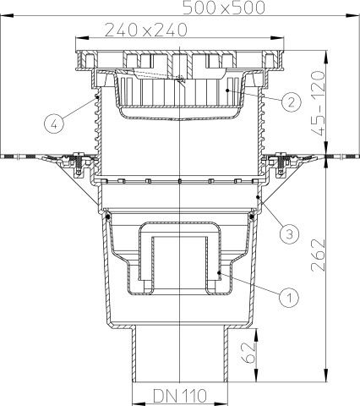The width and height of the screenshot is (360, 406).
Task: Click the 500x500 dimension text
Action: click(x=224, y=8)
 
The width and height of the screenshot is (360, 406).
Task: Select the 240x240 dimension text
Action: click(x=146, y=30)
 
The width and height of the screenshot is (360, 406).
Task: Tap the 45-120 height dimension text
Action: click(x=318, y=103)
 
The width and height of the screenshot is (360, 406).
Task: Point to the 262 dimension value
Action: click(x=318, y=255)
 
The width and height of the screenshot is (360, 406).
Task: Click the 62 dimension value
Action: click(x=248, y=353)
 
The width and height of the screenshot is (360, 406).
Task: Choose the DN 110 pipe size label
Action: click(x=180, y=396)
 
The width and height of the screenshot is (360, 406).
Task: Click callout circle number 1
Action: click(x=289, y=296)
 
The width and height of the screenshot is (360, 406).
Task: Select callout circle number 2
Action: click(x=291, y=101)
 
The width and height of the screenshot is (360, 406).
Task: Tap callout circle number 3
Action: click(x=290, y=233)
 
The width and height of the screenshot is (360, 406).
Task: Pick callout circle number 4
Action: click(x=54, y=123)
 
